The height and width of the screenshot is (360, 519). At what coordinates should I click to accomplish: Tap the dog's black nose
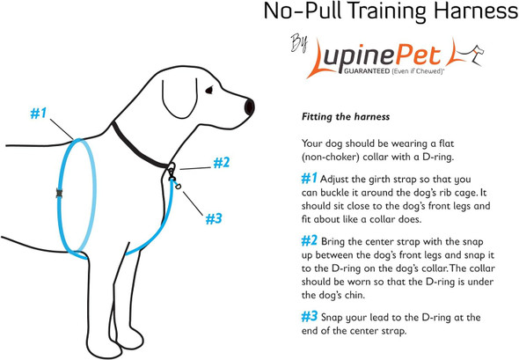(x=252, y=107)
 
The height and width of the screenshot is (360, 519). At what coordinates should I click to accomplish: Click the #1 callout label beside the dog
(x=40, y=114)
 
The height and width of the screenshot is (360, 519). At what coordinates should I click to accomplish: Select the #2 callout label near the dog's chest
(x=220, y=162)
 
